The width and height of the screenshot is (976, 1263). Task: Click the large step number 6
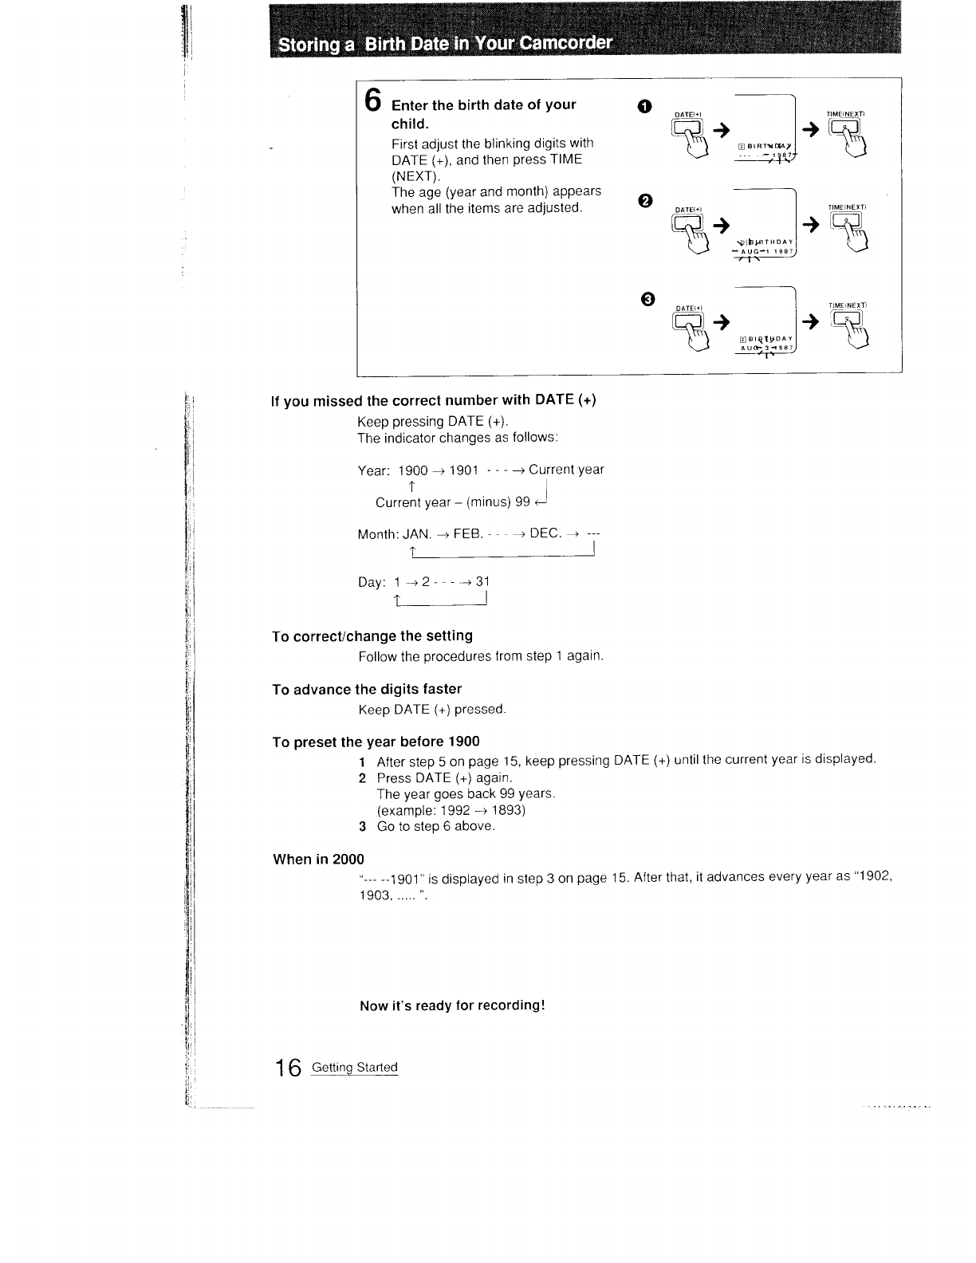point(372,100)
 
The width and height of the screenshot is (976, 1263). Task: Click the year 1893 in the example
point(509,810)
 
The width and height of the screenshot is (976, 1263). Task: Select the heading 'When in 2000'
point(318,860)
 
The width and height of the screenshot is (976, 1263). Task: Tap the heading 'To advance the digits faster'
point(367,689)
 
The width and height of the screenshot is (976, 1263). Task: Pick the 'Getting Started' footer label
point(354,1068)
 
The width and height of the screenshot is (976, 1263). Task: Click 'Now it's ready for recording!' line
point(452,1005)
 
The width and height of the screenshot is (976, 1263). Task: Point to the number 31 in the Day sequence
point(482,582)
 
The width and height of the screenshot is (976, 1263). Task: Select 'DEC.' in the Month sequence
point(546,533)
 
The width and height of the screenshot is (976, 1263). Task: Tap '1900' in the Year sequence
point(413,470)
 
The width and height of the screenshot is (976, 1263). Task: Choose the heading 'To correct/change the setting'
point(372,636)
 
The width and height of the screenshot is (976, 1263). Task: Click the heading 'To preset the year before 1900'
point(376,742)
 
